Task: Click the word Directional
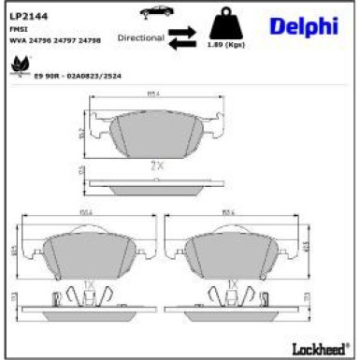pos(140,38)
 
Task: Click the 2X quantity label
pos(157,164)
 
